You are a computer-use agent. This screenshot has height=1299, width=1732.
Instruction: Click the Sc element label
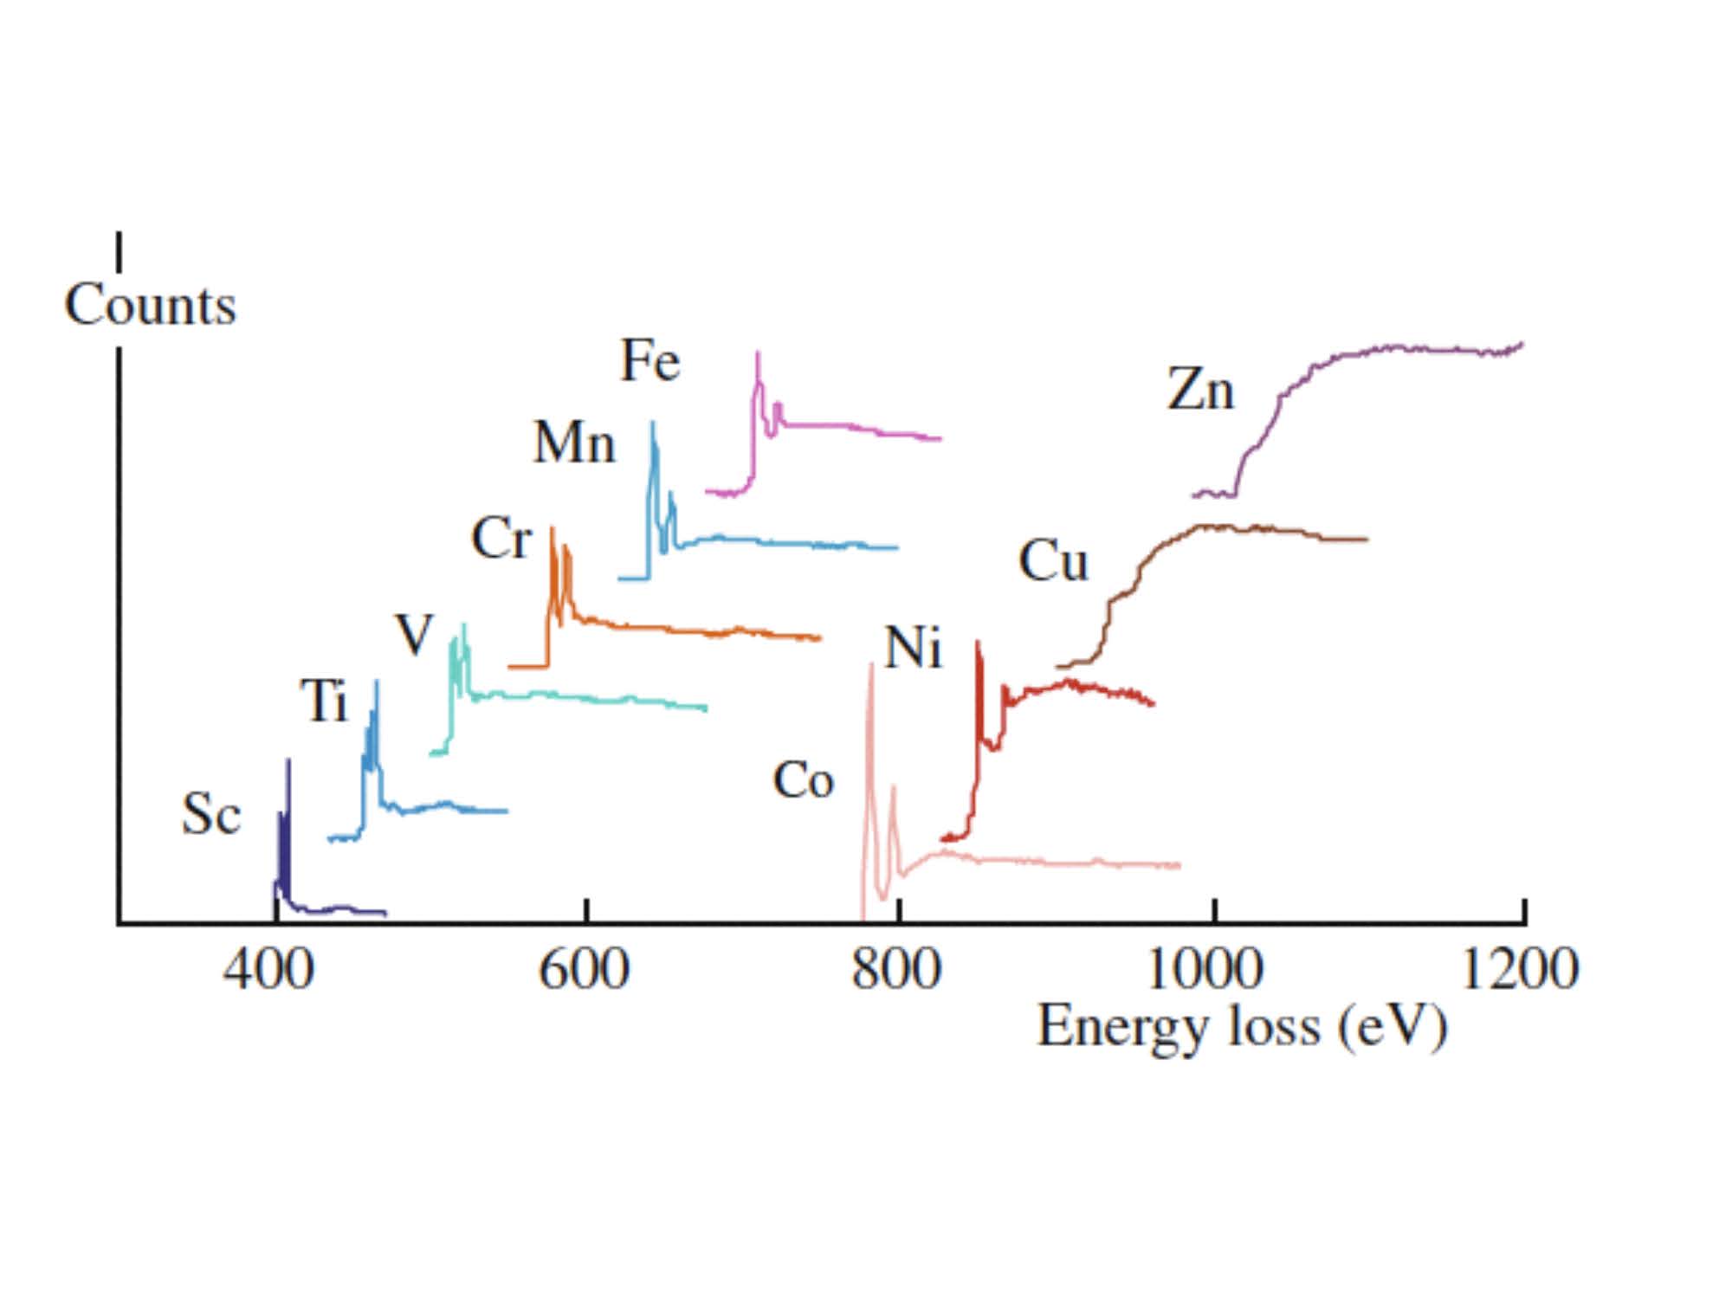[x=210, y=815]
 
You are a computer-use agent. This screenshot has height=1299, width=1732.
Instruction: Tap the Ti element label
[x=324, y=700]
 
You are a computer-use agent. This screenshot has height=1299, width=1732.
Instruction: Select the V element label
[x=414, y=635]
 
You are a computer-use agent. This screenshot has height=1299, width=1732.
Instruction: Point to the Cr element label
[x=501, y=539]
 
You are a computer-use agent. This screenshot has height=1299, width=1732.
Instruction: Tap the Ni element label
[x=913, y=647]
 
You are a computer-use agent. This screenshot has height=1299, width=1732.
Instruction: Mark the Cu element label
[x=1053, y=560]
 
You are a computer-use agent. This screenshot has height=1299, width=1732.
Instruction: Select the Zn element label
[x=1200, y=389]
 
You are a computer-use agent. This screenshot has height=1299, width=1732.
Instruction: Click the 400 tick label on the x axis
[x=268, y=968]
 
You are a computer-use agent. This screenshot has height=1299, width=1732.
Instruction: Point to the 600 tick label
[x=584, y=968]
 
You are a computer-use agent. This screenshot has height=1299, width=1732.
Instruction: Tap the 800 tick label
[x=896, y=968]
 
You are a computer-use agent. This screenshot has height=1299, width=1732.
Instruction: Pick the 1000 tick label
[x=1205, y=968]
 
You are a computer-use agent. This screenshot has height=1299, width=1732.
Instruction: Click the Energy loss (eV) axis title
[x=1242, y=1027]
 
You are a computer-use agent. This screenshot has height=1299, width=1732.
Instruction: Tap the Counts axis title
[x=151, y=305]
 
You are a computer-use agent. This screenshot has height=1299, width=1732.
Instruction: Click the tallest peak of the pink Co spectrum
[x=870, y=665]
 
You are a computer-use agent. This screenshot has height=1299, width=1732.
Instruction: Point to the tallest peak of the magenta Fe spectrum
[x=758, y=352]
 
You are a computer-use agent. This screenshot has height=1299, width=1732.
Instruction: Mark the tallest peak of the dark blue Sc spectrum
[x=288, y=760]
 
